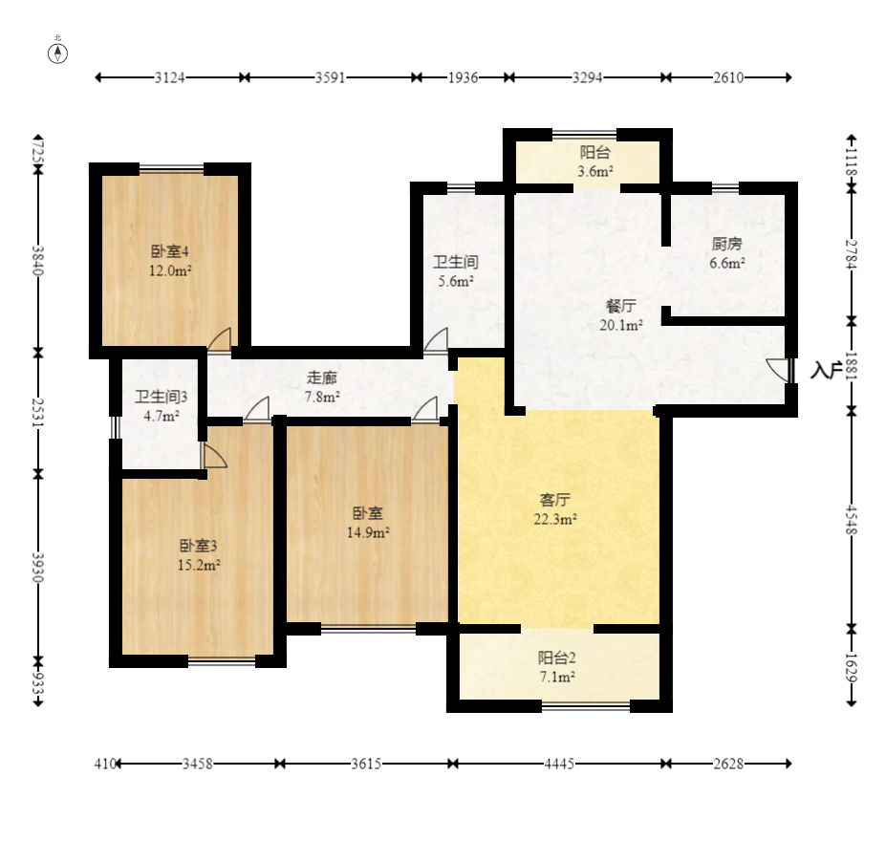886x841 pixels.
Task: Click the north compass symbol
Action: tap(57, 54)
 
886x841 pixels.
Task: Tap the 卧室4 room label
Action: tap(169, 251)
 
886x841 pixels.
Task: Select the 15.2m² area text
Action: tap(199, 565)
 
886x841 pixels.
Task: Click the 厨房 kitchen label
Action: tap(726, 244)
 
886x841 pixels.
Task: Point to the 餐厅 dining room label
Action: tap(621, 306)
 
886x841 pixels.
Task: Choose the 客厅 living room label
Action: tap(555, 500)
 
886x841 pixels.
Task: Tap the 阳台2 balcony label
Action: tap(556, 658)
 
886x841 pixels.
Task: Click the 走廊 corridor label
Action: tap(322, 377)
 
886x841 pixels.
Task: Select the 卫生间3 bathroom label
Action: tap(161, 397)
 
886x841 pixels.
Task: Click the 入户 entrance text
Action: tap(827, 370)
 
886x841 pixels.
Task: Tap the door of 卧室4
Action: tap(219, 339)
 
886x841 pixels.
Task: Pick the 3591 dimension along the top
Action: tap(330, 77)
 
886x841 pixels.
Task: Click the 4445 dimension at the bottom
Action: tap(559, 765)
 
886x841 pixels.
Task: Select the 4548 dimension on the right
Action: tap(852, 520)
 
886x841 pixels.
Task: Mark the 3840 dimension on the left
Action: tap(38, 260)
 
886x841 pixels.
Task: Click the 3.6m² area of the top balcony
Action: tap(595, 171)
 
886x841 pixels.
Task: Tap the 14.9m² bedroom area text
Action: tap(368, 532)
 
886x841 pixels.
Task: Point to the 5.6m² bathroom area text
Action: tap(456, 281)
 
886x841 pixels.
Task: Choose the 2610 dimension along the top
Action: tap(728, 77)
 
